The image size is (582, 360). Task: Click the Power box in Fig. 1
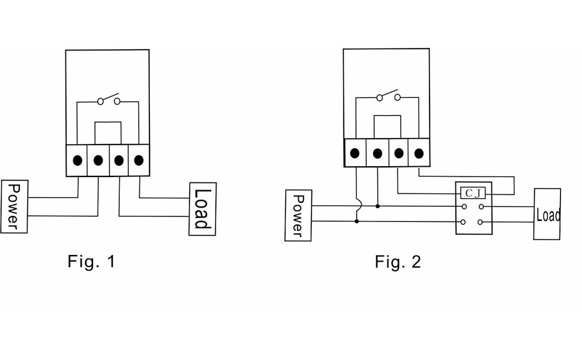(14, 206)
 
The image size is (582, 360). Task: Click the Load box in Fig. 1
(202, 208)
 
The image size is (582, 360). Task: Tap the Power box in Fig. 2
(298, 215)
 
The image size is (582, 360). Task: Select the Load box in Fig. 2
(547, 214)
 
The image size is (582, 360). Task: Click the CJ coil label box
(474, 193)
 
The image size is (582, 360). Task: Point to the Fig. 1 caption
(90, 262)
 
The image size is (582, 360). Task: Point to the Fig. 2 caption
(398, 262)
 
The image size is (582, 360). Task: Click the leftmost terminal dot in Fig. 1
(77, 161)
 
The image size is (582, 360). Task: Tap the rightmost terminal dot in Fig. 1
(139, 161)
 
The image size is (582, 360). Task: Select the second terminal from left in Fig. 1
(98, 161)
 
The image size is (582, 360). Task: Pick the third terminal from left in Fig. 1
(119, 161)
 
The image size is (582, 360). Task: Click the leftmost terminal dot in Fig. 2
(356, 153)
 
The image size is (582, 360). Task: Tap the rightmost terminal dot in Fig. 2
(419, 153)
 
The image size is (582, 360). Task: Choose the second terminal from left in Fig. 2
(377, 153)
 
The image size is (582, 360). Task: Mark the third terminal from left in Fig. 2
(398, 153)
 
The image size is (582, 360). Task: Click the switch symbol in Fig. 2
(388, 96)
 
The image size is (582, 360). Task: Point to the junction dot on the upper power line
(377, 206)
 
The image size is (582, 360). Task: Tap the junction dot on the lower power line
(357, 221)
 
